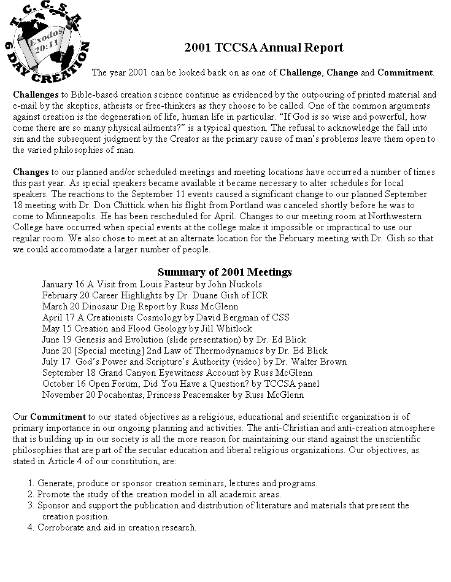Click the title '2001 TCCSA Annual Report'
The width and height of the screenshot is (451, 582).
[264, 48]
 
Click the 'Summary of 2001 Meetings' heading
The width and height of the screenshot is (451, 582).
[225, 272]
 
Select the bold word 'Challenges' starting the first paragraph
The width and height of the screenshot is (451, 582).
[36, 95]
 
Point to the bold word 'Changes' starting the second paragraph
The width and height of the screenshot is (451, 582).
[31, 172]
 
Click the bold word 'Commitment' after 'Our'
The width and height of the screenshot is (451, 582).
[58, 417]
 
